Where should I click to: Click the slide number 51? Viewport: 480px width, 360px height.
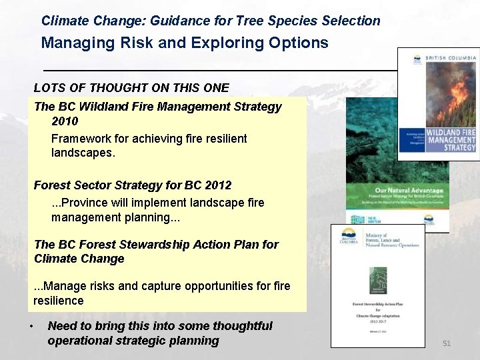tap(447, 343)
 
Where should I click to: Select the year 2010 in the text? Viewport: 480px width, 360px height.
tap(65, 121)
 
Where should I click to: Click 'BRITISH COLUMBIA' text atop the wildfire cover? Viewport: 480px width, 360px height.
tap(451, 59)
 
